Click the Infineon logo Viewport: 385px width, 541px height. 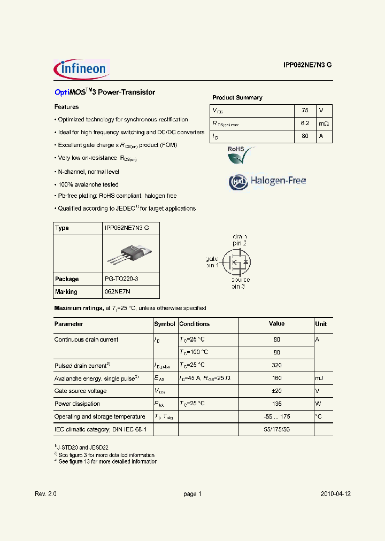81,69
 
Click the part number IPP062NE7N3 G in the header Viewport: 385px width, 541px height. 307,65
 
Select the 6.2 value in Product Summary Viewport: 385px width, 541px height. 305,123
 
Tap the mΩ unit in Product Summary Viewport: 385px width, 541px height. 324,123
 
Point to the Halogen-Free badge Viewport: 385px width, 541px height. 268,181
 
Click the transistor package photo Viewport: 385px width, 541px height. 130,254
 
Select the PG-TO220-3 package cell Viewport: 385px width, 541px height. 125,279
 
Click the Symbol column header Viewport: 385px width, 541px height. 165,324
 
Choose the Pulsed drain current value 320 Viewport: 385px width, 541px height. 276,366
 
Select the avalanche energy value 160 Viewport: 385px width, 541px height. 276,378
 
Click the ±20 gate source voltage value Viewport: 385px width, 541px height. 276,391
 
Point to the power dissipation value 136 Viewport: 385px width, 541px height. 276,404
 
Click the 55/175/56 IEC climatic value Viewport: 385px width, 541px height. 276,430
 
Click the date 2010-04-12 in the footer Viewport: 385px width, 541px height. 335,494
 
